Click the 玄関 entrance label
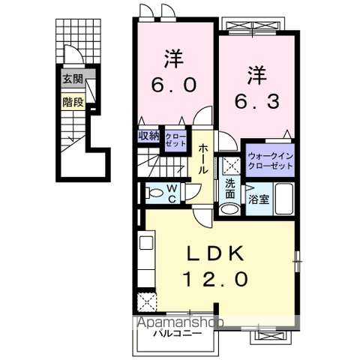[73, 78]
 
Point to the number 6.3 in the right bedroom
[257, 88]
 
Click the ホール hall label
[203, 158]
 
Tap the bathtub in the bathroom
[284, 199]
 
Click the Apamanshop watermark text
[179, 322]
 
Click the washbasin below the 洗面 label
[230, 208]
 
